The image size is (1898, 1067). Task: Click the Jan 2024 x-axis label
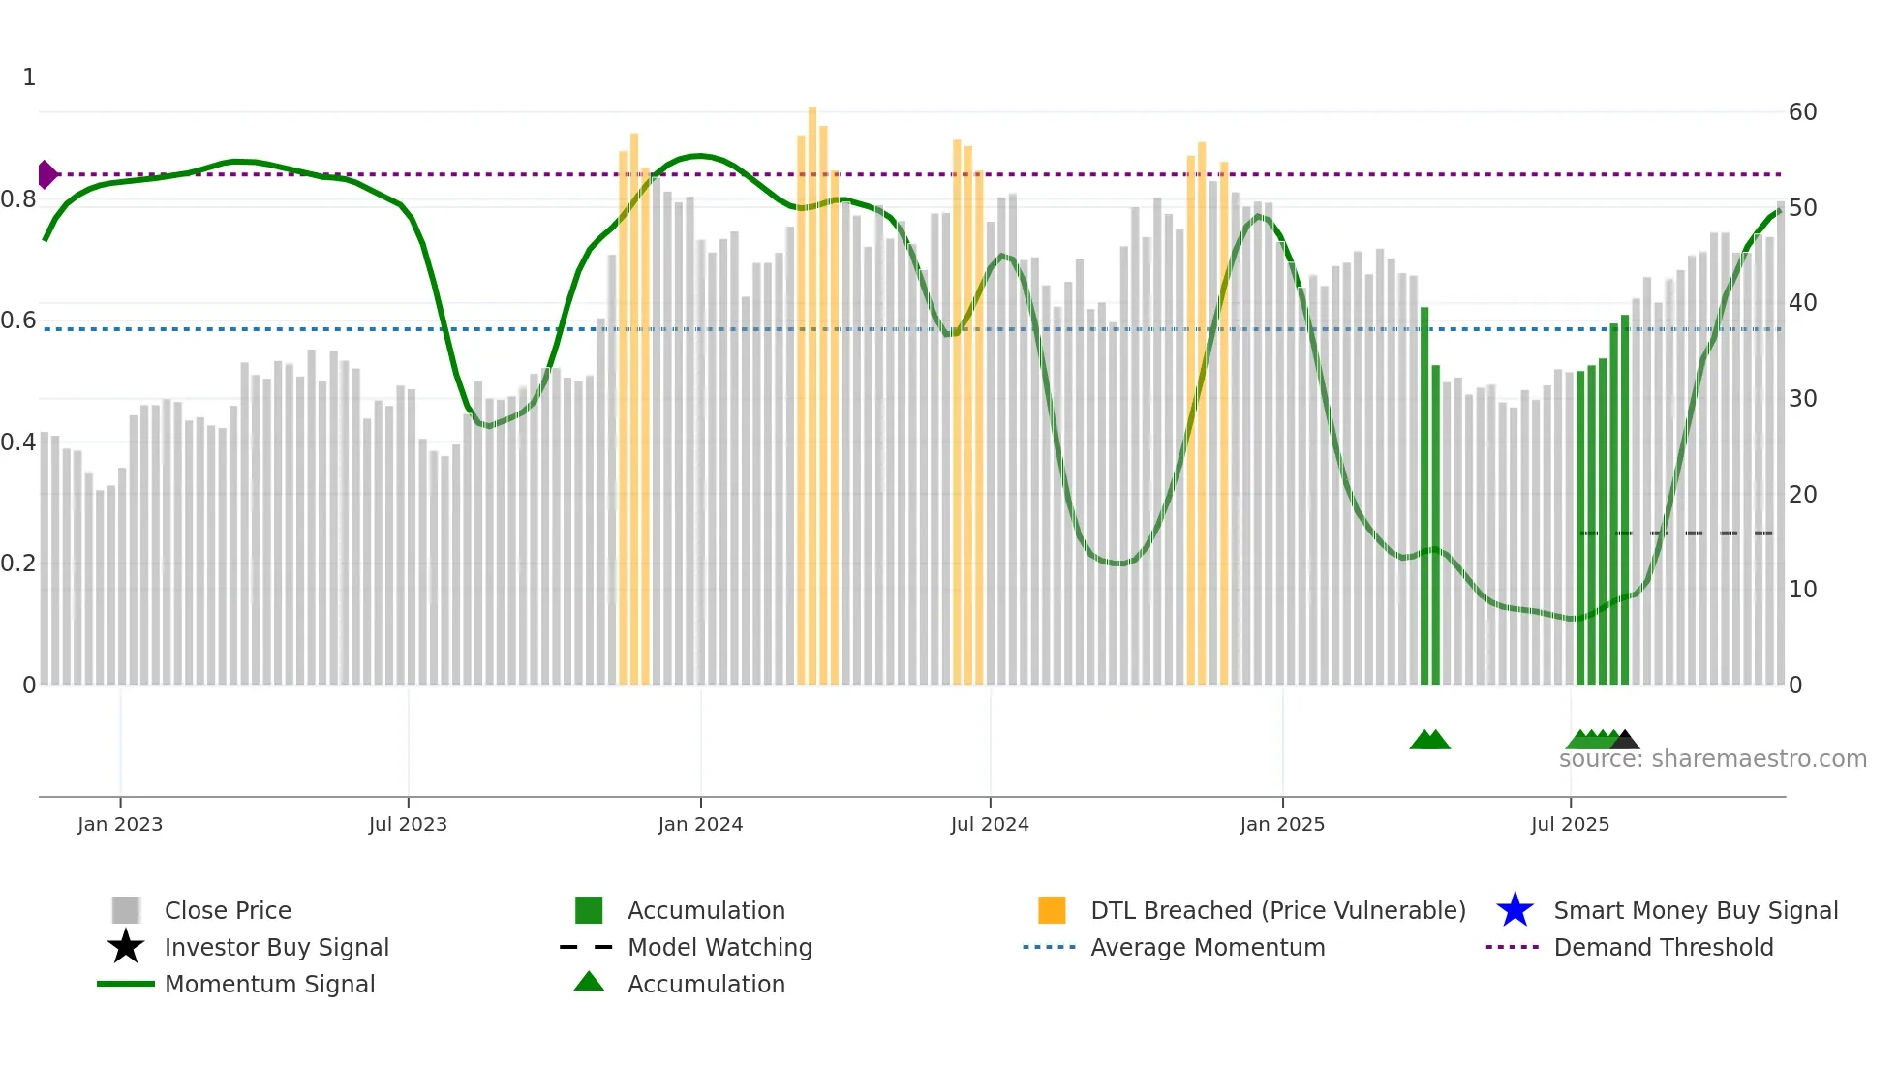(700, 824)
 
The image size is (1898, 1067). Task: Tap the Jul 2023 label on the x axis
(408, 824)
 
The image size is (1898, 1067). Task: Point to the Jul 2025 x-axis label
(1570, 824)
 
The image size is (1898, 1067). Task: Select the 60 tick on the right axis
(1802, 112)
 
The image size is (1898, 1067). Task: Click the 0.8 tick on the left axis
(18, 199)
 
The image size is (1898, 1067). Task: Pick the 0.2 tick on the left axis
(18, 564)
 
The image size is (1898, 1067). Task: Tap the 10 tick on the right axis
(1802, 590)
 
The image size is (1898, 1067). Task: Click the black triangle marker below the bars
(1625, 741)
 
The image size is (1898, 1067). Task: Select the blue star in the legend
(1515, 910)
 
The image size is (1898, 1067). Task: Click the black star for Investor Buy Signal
(126, 947)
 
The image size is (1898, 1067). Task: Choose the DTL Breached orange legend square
(1052, 910)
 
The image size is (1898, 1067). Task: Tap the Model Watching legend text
(719, 947)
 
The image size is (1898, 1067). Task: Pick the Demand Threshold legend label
(1663, 947)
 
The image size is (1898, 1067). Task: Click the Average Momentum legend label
(1208, 947)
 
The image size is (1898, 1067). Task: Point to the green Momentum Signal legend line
(126, 984)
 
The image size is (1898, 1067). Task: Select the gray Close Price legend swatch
(126, 910)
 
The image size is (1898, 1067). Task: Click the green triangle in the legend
(589, 983)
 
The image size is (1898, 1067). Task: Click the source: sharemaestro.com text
(1712, 758)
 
